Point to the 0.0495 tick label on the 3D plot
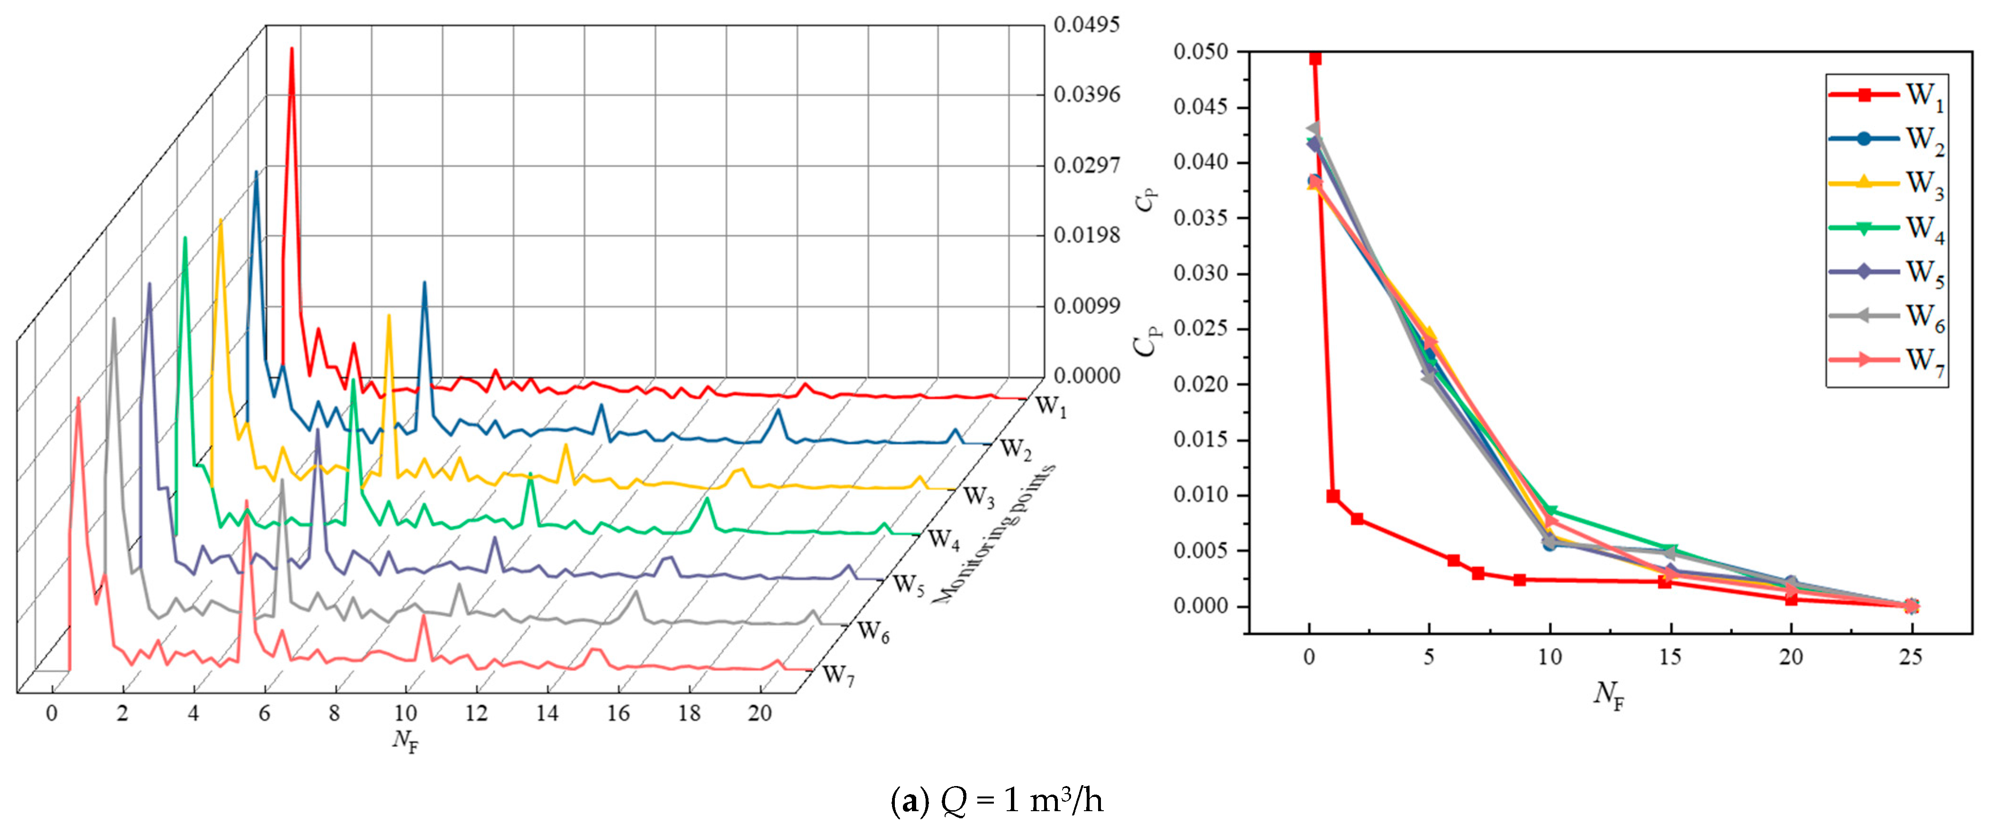click(1086, 25)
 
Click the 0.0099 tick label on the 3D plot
click(1086, 306)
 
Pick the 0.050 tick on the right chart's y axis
click(1200, 52)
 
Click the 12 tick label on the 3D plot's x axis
click(477, 714)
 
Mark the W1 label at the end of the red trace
click(1050, 406)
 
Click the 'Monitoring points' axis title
click(994, 534)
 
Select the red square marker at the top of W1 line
click(1315, 58)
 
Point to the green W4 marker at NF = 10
click(1550, 511)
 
